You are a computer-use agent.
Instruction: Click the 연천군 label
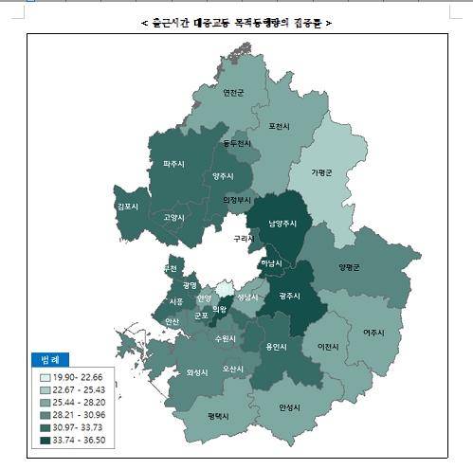233,93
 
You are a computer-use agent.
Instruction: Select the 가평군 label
323,171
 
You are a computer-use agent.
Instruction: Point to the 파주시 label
173,163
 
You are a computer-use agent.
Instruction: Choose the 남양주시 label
282,224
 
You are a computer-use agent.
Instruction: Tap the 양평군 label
351,266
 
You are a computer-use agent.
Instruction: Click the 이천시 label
328,347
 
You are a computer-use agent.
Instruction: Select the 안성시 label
289,407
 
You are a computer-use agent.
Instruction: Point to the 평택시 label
218,415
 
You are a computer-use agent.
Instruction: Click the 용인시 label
276,347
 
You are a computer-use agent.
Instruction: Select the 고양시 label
173,217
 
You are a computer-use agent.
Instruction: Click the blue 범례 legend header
46,360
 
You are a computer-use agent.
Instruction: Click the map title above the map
236,21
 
